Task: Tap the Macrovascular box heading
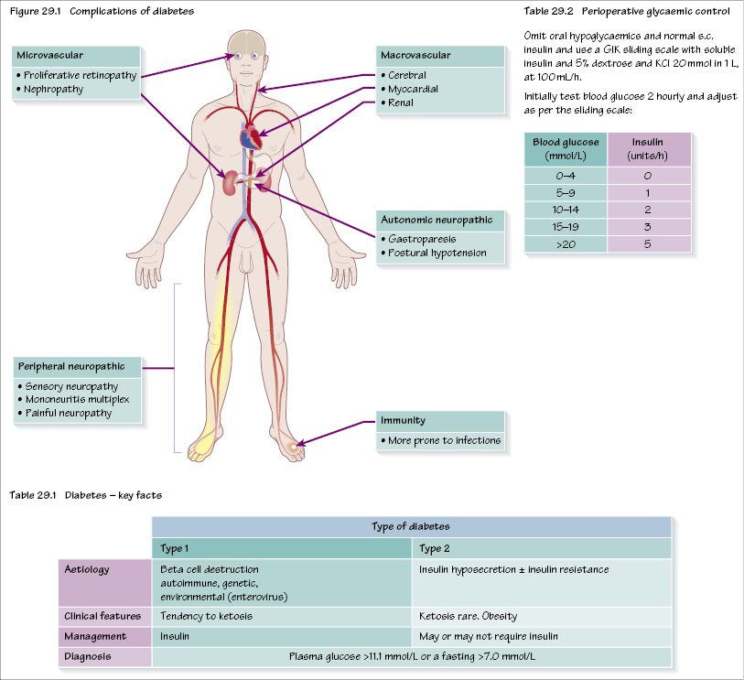coord(415,56)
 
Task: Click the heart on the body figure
coord(251,138)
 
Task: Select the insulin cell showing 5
coord(647,245)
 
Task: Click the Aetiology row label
coord(88,569)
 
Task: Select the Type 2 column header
coord(434,547)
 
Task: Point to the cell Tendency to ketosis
coord(206,615)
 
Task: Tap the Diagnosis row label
coord(88,655)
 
